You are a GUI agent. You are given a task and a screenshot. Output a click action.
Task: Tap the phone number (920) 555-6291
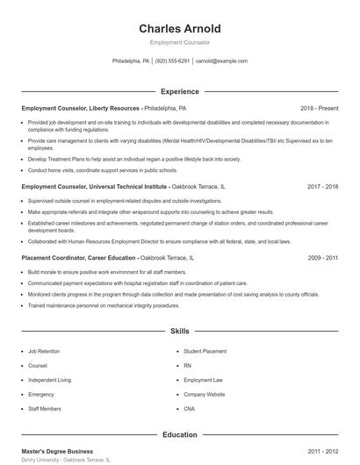pos(173,61)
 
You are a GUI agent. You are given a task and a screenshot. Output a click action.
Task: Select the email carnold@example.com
pos(221,61)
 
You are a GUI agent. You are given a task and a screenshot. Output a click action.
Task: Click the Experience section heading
pos(179,91)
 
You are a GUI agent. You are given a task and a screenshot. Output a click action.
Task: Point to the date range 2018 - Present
pos(319,108)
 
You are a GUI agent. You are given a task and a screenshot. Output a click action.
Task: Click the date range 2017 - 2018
pos(322,187)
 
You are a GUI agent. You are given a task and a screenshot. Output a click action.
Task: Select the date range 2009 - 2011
pos(322,258)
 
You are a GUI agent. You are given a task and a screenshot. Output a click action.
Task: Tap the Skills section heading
pos(179,331)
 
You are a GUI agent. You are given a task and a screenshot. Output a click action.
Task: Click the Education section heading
pos(179,434)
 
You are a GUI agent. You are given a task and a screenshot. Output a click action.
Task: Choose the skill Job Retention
pos(44,351)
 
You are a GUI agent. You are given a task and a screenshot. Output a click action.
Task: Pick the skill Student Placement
pos(205,351)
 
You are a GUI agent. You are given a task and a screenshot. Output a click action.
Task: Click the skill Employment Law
pos(203,380)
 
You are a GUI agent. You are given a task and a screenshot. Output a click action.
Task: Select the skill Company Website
pos(205,394)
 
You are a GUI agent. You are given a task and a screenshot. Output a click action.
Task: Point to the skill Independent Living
pos(49,380)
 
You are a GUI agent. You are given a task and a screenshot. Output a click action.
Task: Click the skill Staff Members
pos(44,409)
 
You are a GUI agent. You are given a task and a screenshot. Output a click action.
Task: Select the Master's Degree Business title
pos(58,451)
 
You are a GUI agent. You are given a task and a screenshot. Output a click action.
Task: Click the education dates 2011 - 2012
pos(322,451)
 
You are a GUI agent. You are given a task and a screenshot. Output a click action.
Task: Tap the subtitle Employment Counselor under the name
pos(179,42)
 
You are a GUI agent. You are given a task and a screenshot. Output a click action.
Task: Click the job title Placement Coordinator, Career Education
pos(79,258)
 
